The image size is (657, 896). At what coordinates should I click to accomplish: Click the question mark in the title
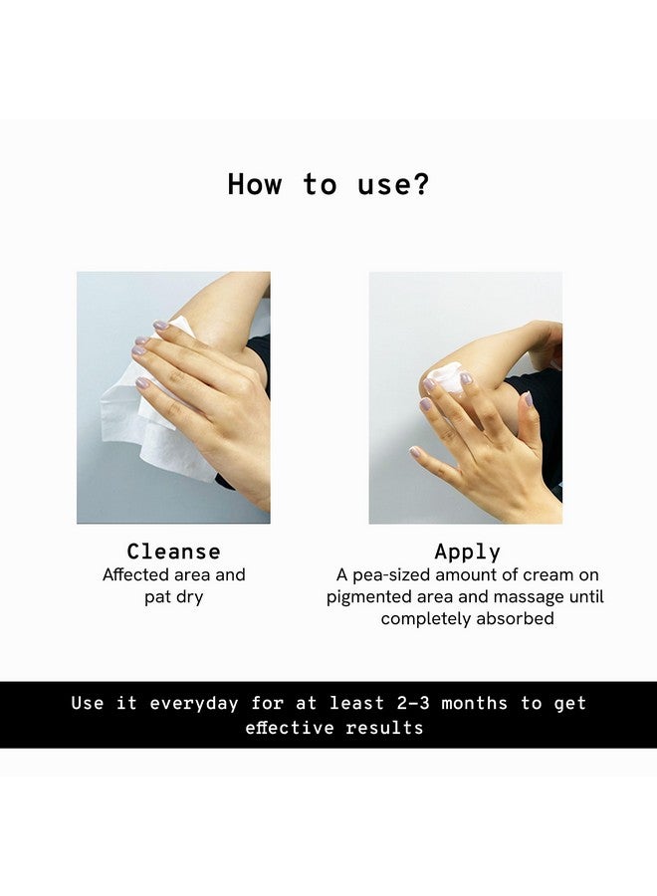coord(421,184)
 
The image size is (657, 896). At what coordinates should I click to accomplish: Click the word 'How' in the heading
coord(254,184)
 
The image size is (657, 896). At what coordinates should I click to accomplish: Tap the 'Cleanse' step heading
coord(173,552)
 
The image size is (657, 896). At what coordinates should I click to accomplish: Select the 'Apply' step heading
coord(467,552)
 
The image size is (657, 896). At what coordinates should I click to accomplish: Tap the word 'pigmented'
coord(371,597)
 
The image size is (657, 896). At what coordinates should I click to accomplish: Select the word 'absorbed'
coord(514,619)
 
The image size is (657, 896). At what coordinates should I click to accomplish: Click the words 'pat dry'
coord(173,597)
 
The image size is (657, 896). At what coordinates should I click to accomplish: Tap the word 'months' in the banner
coord(474,704)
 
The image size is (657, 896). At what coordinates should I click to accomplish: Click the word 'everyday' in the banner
coord(194,704)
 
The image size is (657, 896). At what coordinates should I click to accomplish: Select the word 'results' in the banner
coord(384,728)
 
